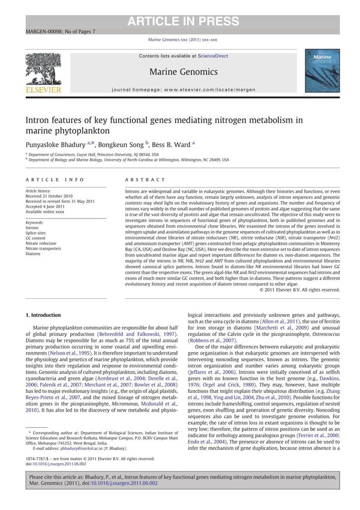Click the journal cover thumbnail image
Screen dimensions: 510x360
coord(322,71)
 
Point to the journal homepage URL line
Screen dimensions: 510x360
coord(180,89)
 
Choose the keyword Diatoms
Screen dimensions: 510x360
coord(34,253)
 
